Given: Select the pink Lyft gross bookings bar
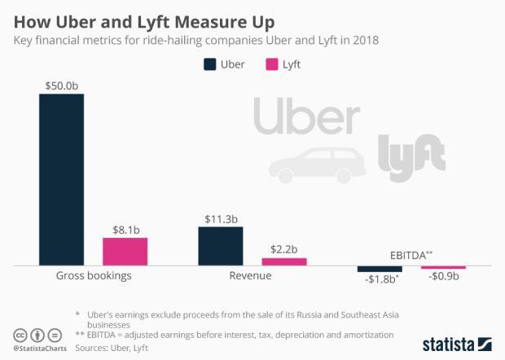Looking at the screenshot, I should point(125,251).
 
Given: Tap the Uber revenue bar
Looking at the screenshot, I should point(221,245).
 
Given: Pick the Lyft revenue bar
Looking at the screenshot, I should point(284,261).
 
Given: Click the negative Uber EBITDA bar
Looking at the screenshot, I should point(380,269).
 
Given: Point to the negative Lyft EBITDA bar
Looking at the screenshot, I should point(443,267).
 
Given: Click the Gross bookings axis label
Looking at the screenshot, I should point(93,276).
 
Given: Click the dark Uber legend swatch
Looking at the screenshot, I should point(210,64).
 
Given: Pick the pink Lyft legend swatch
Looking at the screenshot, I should point(273,64).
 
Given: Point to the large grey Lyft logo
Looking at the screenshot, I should point(412,151).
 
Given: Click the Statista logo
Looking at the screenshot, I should point(456,344).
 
